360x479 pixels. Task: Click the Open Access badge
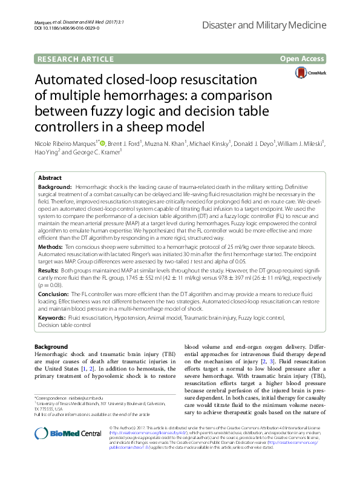tap(302, 59)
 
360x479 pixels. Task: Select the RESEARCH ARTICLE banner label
tap(76, 59)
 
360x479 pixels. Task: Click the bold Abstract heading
tap(50, 178)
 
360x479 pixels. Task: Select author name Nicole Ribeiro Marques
tap(64, 144)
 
